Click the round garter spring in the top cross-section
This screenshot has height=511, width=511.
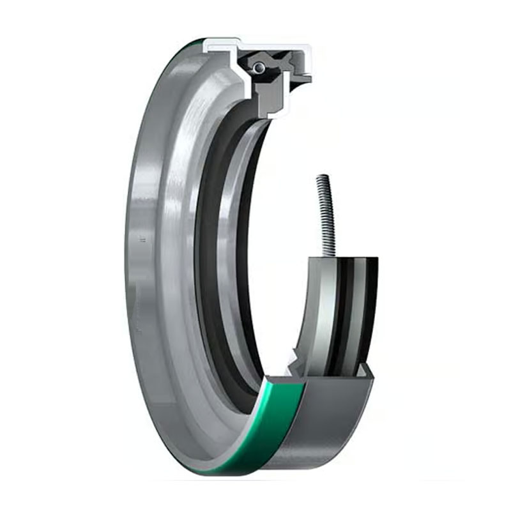(x=257, y=66)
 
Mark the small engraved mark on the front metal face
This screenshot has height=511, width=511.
(x=141, y=241)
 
